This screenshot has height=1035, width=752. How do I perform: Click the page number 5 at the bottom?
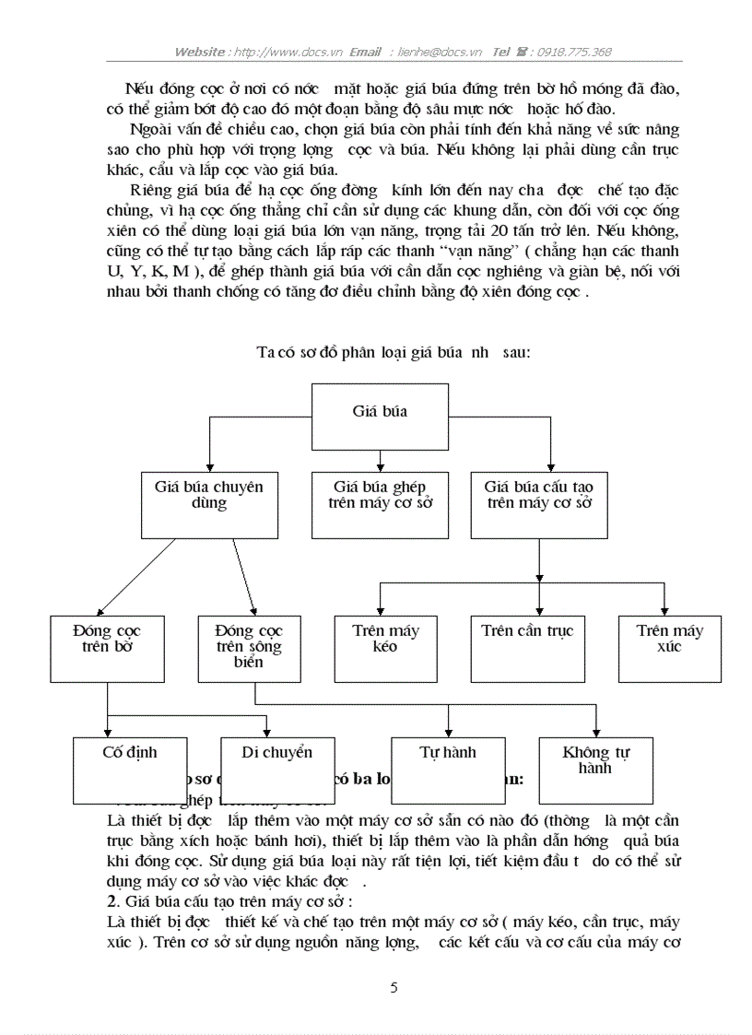(x=394, y=988)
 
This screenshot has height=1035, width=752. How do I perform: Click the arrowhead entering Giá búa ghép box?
(x=380, y=466)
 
